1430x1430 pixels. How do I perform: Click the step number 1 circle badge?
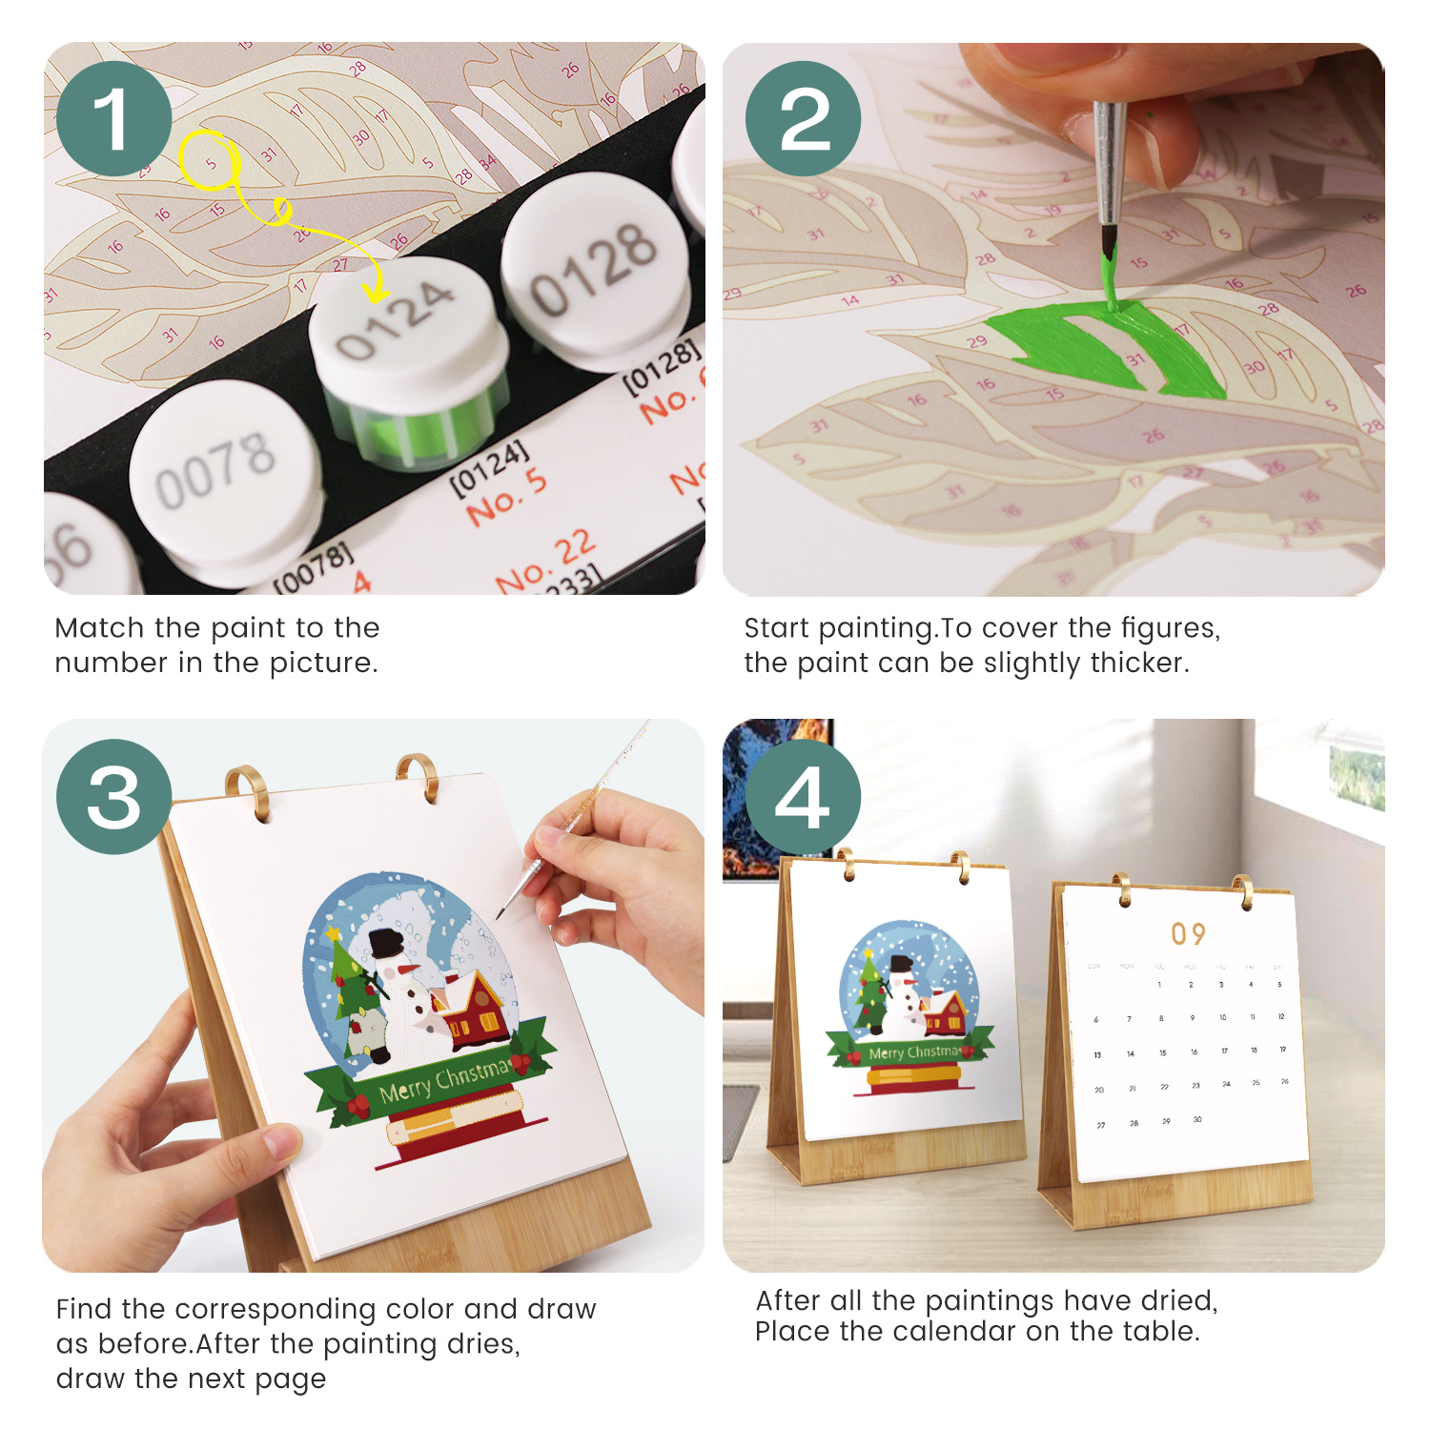(113, 118)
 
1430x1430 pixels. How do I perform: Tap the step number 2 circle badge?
(803, 118)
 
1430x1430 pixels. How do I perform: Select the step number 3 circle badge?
(113, 796)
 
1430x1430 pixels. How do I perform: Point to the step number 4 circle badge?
(803, 796)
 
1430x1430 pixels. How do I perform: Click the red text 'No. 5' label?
(506, 497)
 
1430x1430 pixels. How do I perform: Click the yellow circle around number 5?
(210, 160)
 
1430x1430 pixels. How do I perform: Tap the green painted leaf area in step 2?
(1106, 348)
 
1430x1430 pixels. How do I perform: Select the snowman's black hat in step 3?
(386, 943)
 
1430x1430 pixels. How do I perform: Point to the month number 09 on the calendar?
(1188, 933)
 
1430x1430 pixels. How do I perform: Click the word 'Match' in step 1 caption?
(99, 628)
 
